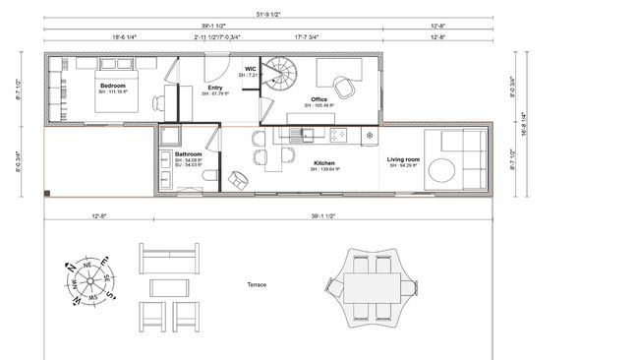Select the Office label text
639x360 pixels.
point(319,99)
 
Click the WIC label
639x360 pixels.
point(250,69)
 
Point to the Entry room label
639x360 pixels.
point(215,88)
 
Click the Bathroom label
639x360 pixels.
point(189,154)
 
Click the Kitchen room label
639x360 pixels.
point(324,163)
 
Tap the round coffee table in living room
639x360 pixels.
point(441,169)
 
